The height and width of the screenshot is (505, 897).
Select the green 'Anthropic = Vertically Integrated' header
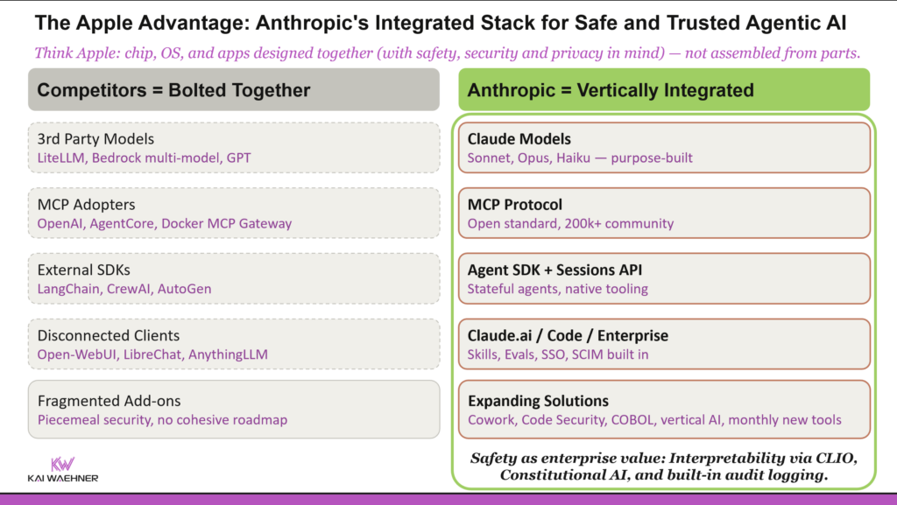click(611, 90)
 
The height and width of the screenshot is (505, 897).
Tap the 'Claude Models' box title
click(519, 139)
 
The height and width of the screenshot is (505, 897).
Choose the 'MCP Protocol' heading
click(515, 205)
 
